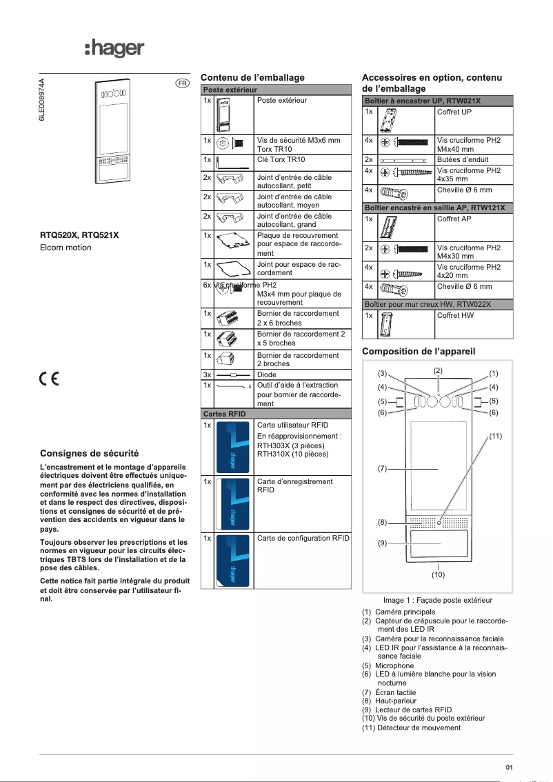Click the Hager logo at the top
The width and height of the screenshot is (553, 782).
click(x=114, y=48)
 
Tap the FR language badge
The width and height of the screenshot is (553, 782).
click(x=182, y=83)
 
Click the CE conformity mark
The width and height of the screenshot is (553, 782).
click(x=49, y=379)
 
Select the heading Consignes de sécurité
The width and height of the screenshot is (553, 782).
click(x=90, y=453)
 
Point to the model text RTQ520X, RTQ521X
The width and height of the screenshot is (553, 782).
click(x=79, y=235)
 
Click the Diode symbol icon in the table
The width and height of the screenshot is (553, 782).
click(x=234, y=375)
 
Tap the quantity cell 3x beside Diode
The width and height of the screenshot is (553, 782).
click(x=207, y=375)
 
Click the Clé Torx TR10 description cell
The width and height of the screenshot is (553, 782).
click(x=303, y=159)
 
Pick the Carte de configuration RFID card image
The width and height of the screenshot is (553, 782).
click(x=234, y=559)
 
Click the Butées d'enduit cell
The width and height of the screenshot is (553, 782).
click(x=474, y=159)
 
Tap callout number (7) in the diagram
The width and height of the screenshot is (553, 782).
click(x=381, y=469)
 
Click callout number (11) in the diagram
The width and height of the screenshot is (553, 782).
click(x=495, y=436)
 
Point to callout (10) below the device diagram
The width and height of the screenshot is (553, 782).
click(x=438, y=574)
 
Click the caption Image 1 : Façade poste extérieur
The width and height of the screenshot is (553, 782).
click(x=438, y=600)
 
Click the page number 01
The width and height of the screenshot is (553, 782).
click(x=510, y=767)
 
